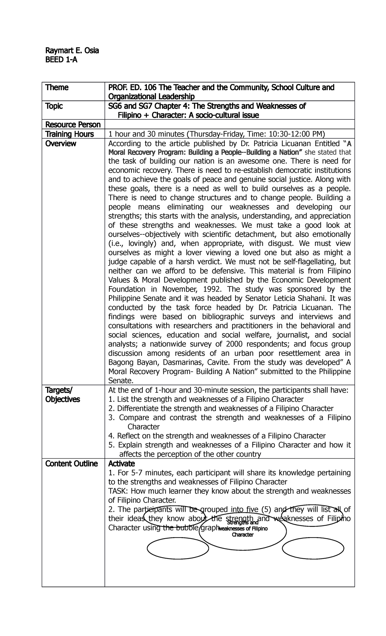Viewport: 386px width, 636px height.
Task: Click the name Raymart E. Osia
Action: [72, 51]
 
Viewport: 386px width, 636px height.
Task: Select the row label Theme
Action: [57, 88]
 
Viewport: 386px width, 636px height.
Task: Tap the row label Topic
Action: [54, 106]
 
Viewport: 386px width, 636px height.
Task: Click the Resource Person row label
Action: [73, 125]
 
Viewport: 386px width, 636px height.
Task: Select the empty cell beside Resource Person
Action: [229, 125]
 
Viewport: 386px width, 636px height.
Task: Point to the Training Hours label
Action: [69, 134]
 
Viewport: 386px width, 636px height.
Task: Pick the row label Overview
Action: [61, 143]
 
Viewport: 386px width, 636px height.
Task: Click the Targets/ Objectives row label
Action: [63, 395]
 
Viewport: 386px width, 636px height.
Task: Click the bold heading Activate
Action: [122, 464]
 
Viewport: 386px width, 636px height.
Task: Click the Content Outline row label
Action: [71, 464]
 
